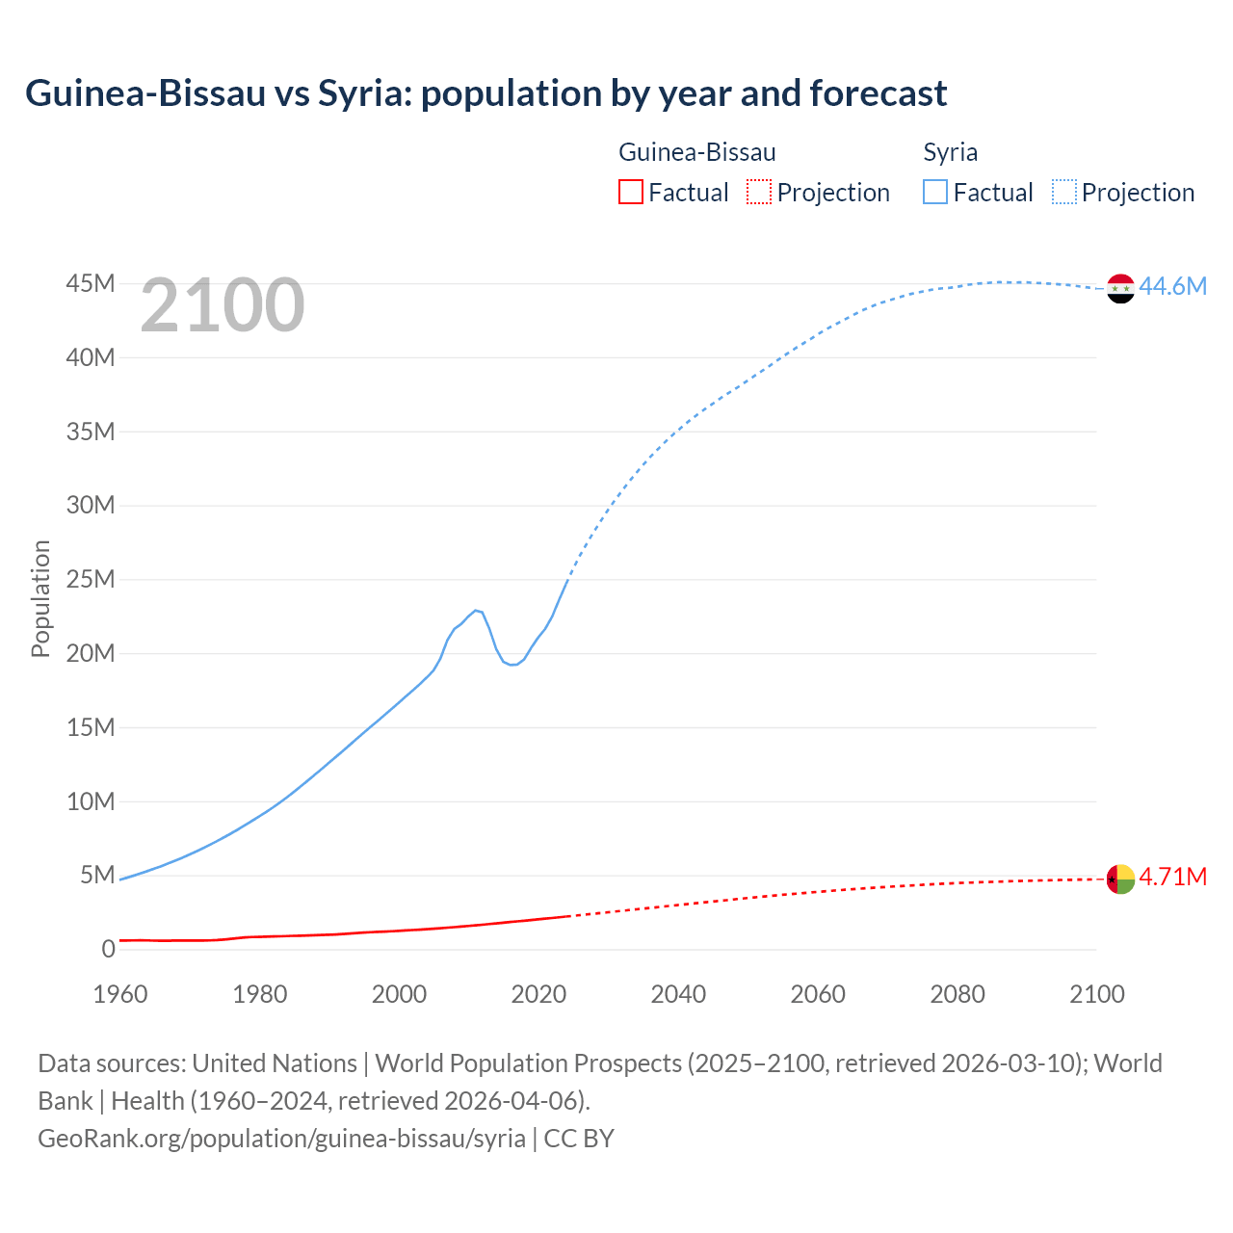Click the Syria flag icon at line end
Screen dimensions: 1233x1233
[x=1120, y=288]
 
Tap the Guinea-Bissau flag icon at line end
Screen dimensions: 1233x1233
[x=1120, y=879]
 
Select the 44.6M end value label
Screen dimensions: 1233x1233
[x=1172, y=286]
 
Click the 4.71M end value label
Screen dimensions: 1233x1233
[x=1172, y=877]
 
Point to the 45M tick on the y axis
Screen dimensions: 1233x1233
[x=91, y=283]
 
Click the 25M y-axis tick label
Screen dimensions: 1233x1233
[x=91, y=579]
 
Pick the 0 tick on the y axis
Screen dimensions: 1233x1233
[x=108, y=949]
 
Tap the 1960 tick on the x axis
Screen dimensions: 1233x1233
[x=120, y=994]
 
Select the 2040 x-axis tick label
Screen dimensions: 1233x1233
[x=678, y=994]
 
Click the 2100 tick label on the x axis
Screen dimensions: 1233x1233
[x=1096, y=994]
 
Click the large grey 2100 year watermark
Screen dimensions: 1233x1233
[x=223, y=305]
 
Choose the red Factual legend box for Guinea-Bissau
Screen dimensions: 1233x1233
[x=630, y=192]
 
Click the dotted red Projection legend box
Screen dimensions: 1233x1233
[x=759, y=192]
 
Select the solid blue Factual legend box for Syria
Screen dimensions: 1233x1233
[x=935, y=192]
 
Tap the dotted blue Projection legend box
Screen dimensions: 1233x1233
[x=1064, y=192]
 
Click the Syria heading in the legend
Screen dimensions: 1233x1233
[x=950, y=152]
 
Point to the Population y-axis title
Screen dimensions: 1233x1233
[x=40, y=598]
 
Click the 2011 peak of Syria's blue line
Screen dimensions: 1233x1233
[x=476, y=610]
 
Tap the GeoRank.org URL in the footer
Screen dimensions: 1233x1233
[x=281, y=1138]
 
